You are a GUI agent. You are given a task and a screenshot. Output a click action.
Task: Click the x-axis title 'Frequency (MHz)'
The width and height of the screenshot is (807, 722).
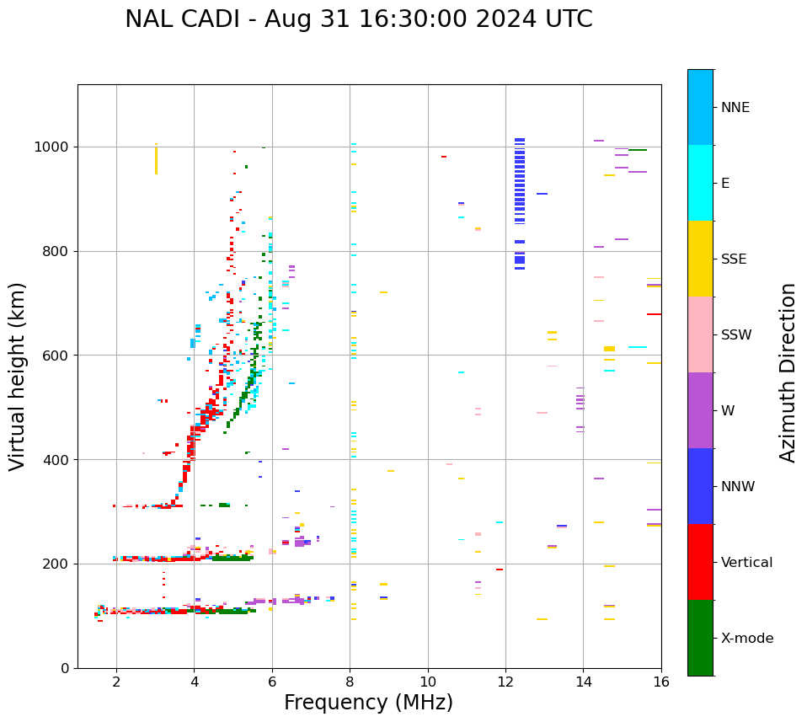pyautogui.click(x=368, y=703)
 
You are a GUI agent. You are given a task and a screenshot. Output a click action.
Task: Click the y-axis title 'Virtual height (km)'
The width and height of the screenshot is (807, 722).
pyautogui.click(x=18, y=376)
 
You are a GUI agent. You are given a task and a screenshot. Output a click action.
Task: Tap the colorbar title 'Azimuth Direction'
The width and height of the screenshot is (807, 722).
pyautogui.click(x=788, y=372)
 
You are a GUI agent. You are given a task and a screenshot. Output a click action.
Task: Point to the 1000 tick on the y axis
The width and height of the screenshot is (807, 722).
pyautogui.click(x=56, y=147)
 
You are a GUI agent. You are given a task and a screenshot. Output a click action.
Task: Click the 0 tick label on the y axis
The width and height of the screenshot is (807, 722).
pyautogui.click(x=66, y=668)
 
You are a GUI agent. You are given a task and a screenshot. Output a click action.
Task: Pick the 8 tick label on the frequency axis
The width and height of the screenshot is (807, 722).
pyautogui.click(x=350, y=682)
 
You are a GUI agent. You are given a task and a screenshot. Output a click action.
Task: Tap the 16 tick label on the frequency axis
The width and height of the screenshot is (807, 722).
pyautogui.click(x=661, y=682)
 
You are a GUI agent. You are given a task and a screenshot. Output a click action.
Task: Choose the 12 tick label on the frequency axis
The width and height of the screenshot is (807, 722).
pyautogui.click(x=505, y=682)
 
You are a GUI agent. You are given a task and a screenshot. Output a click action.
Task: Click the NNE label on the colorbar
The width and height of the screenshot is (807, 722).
pyautogui.click(x=735, y=108)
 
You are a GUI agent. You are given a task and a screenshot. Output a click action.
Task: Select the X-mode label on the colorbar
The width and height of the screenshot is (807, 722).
pyautogui.click(x=746, y=639)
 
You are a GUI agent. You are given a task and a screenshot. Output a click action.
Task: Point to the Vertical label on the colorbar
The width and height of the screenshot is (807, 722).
pyautogui.click(x=746, y=563)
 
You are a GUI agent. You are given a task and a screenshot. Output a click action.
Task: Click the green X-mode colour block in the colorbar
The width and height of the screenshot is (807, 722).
pyautogui.click(x=700, y=638)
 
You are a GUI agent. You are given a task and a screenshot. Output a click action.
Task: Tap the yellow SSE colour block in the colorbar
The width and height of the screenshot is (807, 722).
pyautogui.click(x=700, y=259)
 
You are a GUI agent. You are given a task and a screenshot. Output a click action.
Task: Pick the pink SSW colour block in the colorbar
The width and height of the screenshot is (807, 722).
pyautogui.click(x=700, y=334)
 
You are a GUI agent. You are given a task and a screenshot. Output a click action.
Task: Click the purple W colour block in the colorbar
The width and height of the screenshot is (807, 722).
pyautogui.click(x=700, y=410)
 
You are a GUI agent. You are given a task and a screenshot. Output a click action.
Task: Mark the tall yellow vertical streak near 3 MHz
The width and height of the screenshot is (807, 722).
pyautogui.click(x=156, y=159)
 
